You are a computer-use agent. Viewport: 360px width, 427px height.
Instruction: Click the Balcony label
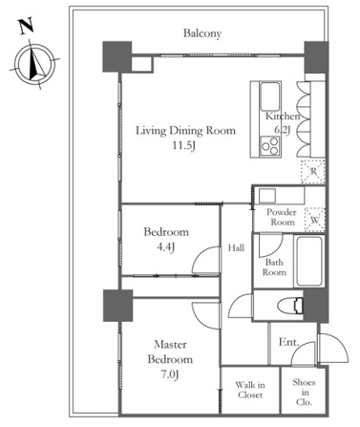202,33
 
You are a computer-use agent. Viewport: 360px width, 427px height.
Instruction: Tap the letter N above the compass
27,27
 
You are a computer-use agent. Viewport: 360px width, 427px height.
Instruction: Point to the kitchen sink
270,96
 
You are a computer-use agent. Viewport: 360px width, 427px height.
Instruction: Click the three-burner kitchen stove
270,146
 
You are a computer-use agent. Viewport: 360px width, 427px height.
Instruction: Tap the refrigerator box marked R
313,172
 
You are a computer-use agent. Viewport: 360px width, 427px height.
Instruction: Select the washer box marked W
315,220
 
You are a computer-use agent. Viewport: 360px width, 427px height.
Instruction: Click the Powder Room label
281,217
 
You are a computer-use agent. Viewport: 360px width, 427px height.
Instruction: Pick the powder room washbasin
267,196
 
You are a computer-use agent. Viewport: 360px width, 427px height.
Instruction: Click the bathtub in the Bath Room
309,261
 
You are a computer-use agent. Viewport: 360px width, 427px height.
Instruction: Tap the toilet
290,307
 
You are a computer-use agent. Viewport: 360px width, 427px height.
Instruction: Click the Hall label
236,247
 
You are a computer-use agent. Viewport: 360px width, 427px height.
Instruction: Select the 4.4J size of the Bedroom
166,246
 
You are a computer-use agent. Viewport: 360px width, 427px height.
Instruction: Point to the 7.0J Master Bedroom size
169,374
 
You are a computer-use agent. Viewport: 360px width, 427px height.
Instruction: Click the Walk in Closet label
250,390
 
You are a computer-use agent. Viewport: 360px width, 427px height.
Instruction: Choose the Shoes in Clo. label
304,392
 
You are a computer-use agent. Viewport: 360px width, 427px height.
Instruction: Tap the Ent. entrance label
289,342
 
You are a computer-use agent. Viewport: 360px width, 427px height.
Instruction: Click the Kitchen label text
283,117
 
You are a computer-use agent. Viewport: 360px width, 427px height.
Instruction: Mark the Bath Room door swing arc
276,251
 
